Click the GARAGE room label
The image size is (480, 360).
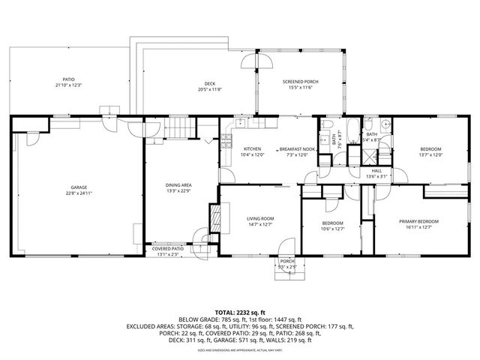(79, 187)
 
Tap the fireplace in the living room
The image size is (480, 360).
(214, 219)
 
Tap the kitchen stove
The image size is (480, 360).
(226, 140)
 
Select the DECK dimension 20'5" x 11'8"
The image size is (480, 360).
(211, 89)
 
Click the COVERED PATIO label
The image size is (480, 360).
(168, 248)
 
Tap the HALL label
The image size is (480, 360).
(376, 170)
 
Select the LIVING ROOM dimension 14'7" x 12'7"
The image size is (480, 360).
(261, 224)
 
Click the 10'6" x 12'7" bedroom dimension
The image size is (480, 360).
(332, 229)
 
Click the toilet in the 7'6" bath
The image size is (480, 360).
(328, 124)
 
